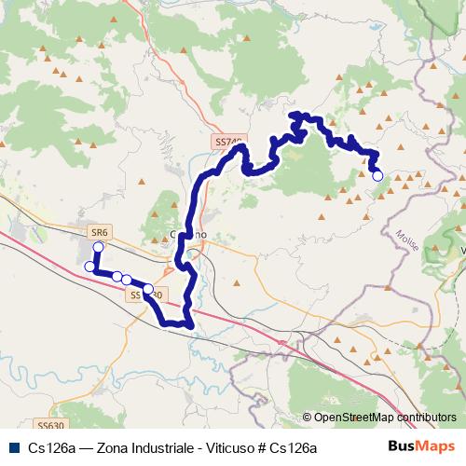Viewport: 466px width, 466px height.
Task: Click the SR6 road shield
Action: [100, 230]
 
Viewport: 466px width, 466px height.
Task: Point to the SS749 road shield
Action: [228, 143]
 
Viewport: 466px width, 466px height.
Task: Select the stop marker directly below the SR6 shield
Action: [98, 247]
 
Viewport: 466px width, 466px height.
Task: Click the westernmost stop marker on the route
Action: [89, 267]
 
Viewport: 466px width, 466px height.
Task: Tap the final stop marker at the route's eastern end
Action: [377, 175]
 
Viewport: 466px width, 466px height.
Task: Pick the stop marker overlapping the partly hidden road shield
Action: [147, 288]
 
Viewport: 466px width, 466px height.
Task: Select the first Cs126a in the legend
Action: [50, 447]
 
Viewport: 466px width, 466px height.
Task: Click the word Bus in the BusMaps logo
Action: [401, 446]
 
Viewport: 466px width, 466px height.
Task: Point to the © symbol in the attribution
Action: [308, 418]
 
